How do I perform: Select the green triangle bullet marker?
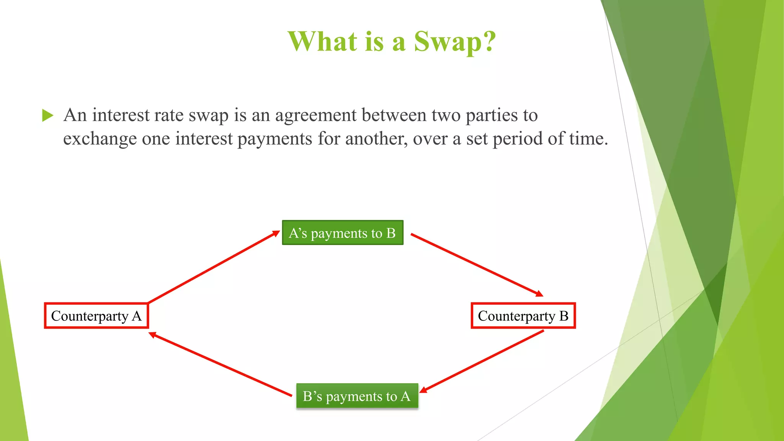[47, 115]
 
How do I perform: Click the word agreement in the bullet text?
[316, 116]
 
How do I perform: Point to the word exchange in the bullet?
[100, 139]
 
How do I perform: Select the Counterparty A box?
[96, 316]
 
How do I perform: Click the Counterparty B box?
[523, 316]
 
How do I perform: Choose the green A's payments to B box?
[343, 233]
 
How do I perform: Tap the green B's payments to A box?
[357, 396]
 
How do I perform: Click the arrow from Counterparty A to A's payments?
[214, 267]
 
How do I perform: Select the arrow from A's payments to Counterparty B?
[477, 265]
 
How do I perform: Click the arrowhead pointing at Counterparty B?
[540, 294]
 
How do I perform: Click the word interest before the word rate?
[121, 116]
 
